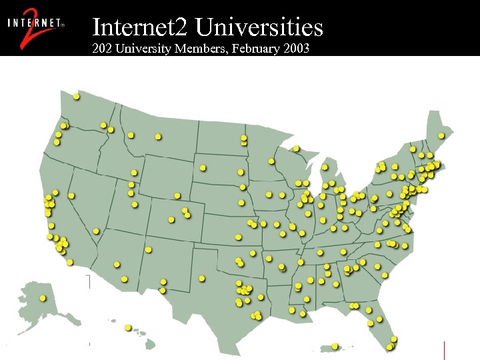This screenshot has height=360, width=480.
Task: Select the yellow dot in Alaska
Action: click(x=43, y=298)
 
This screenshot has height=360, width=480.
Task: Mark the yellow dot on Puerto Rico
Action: click(x=335, y=346)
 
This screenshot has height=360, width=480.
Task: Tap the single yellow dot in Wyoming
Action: click(x=177, y=196)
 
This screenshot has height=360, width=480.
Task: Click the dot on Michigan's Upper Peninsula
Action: click(x=296, y=148)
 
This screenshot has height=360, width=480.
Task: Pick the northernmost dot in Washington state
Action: click(x=77, y=97)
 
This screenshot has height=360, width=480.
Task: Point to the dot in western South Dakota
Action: click(x=203, y=168)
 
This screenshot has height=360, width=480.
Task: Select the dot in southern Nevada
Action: click(x=96, y=231)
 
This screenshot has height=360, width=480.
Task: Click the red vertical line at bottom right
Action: click(x=444, y=349)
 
